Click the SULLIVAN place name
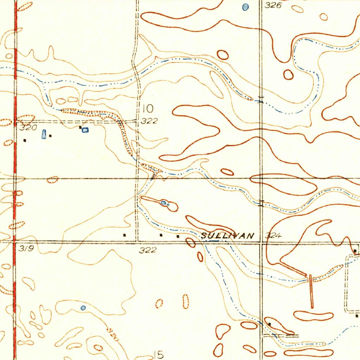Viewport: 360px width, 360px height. point(227,236)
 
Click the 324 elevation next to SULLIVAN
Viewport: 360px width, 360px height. point(274,236)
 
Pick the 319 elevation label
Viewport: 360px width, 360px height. point(26,249)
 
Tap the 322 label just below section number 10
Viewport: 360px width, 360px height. point(149,121)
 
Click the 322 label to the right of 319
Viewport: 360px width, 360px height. point(147,250)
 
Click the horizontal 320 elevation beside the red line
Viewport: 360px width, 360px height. point(28,128)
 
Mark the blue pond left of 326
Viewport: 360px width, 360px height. point(245,7)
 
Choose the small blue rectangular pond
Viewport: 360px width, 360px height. point(85,130)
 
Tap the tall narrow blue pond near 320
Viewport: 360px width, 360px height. point(44,134)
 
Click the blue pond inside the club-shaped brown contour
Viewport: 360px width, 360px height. point(164,203)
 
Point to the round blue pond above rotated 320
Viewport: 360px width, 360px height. point(83,308)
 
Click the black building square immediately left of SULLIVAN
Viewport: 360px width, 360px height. point(178,237)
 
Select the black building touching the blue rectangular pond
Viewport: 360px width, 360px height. point(81,127)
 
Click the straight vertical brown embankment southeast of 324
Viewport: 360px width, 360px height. point(311,291)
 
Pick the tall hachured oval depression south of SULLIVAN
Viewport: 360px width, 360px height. point(186,301)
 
